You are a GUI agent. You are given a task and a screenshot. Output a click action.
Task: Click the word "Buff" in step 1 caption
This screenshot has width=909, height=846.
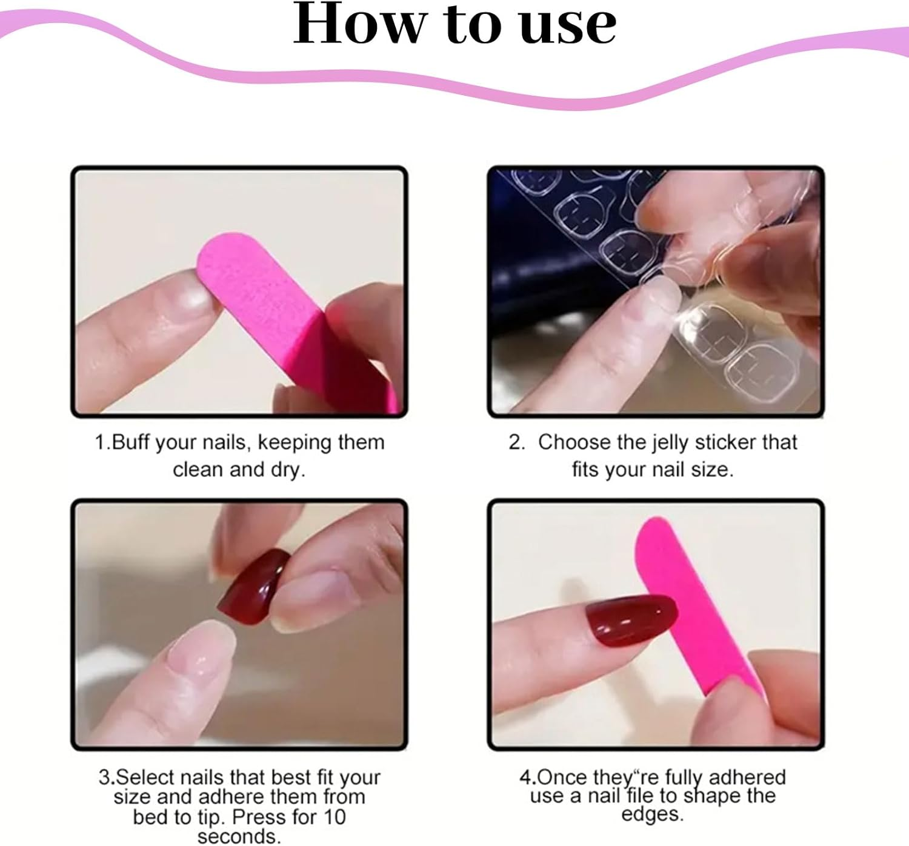point(131,442)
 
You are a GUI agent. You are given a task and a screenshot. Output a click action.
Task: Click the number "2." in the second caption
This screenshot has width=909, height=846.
point(517,442)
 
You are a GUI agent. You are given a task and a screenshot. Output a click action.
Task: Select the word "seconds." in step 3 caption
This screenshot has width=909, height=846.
point(239,836)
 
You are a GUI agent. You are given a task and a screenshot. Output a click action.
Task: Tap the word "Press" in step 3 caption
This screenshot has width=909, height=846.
point(259,817)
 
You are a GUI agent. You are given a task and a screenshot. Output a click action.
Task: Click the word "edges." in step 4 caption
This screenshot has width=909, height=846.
point(653,814)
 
